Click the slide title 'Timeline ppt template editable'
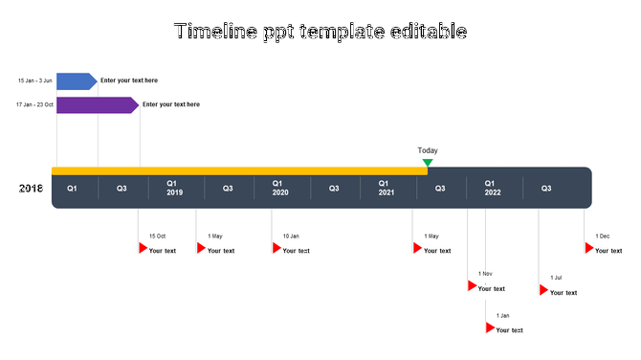(320, 32)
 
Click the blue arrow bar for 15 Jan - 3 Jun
(76, 80)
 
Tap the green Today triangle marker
(428, 163)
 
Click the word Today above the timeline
(428, 150)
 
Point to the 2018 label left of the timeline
(31, 189)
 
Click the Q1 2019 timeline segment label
(174, 188)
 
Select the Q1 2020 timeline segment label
(279, 188)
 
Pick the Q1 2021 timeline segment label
(386, 188)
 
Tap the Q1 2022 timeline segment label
(492, 188)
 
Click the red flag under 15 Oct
(143, 248)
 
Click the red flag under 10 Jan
(276, 248)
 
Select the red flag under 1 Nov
(472, 285)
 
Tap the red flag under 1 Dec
(589, 248)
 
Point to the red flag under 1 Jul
(543, 290)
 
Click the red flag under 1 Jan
(490, 327)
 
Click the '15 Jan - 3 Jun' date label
(34, 80)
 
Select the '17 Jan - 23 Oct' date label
(34, 104)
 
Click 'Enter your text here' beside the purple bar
(171, 104)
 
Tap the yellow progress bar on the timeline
(239, 170)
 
